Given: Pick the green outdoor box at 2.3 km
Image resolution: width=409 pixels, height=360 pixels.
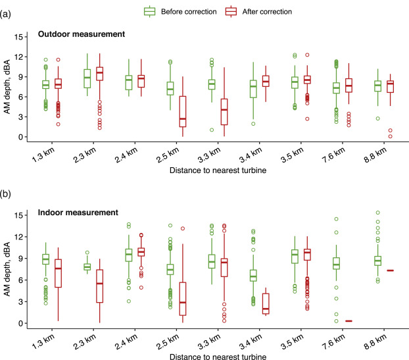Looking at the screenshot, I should [87, 78].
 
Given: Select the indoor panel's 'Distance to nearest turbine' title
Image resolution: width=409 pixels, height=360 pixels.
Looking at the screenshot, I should [217, 356].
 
